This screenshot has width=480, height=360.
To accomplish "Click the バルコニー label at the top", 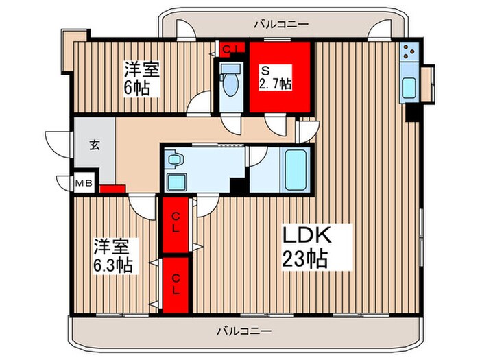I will click(272, 24).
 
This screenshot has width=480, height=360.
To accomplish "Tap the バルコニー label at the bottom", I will click(244, 330).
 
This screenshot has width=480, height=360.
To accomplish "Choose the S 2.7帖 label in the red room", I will click(276, 77).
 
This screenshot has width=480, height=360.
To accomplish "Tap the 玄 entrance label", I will click(93, 145).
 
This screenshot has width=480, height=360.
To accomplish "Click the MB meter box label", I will click(83, 183).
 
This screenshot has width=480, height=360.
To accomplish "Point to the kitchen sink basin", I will click(409, 88).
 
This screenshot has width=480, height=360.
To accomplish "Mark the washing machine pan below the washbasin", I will click(176, 182).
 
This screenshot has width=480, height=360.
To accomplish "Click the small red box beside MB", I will click(111, 189).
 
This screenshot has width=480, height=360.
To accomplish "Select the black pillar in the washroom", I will click(238, 186).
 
